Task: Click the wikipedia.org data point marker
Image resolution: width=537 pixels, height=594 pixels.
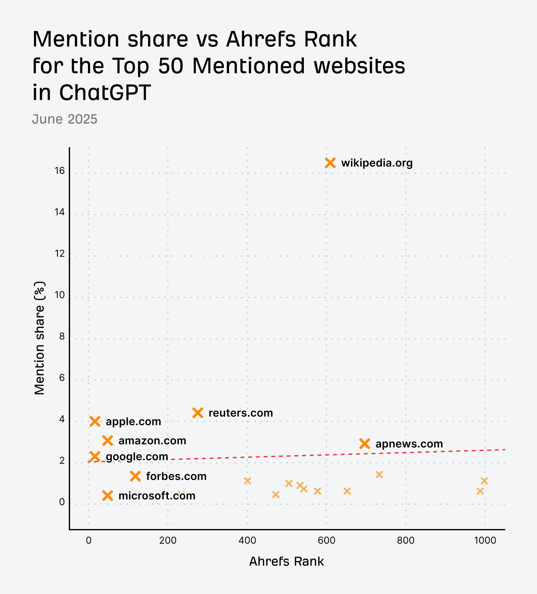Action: (x=330, y=163)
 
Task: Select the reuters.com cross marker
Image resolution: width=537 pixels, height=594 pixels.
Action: (x=198, y=413)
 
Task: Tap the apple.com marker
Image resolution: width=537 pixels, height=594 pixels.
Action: (x=95, y=421)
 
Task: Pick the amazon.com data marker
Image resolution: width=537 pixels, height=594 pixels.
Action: (x=108, y=441)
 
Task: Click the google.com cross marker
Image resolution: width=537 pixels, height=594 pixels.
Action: (x=95, y=456)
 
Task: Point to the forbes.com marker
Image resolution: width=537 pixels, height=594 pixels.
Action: (x=136, y=476)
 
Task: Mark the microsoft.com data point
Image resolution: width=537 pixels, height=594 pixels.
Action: (x=108, y=496)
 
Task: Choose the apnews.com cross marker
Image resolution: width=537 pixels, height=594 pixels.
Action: (x=365, y=444)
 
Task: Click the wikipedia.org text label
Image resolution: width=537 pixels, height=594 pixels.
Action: (x=377, y=163)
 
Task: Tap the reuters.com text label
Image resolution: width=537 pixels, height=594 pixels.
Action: (x=241, y=413)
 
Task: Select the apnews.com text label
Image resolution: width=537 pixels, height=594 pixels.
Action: (x=409, y=444)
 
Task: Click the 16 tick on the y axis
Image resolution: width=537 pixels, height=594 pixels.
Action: (x=60, y=171)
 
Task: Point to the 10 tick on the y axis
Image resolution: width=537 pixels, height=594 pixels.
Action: (x=60, y=295)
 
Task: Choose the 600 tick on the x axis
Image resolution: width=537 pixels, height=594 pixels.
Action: (x=326, y=540)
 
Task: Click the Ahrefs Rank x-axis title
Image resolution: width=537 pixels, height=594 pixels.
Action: (x=286, y=562)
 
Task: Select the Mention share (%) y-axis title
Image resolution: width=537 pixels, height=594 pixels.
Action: (x=40, y=338)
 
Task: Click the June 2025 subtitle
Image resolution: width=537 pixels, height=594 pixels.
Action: (x=65, y=119)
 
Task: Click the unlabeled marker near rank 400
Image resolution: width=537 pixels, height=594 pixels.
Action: (x=247, y=481)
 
